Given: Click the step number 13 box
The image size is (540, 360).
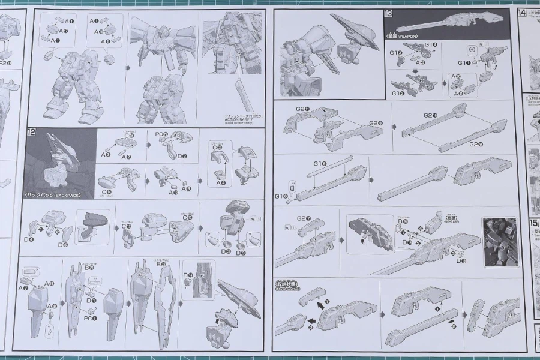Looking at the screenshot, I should (x=389, y=14).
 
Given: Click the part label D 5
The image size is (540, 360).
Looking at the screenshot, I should (x=62, y=244).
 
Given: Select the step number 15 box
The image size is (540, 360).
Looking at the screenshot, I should (x=534, y=223).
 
